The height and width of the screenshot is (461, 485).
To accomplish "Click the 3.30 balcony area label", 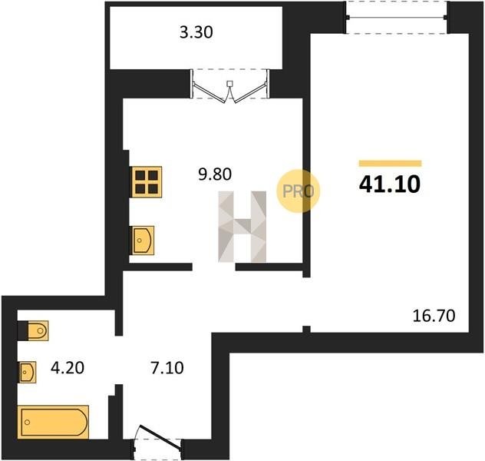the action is (196, 32).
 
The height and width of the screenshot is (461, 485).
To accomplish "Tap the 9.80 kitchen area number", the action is (215, 174).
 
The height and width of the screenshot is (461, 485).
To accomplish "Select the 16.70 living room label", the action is (434, 316).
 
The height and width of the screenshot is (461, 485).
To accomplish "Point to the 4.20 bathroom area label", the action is (68, 368).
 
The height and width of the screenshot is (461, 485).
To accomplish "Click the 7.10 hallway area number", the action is (167, 368).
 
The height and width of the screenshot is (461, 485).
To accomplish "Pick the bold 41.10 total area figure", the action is (390, 184).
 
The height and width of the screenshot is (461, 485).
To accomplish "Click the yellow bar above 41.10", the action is (390, 164).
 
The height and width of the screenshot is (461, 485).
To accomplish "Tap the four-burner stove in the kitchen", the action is (147, 182).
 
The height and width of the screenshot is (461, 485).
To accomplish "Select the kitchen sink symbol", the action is (143, 240).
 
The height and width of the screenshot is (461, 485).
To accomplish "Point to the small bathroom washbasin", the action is (28, 372).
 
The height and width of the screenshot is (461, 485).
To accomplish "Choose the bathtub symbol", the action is (53, 422).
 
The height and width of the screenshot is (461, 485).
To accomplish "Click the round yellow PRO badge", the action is (299, 191).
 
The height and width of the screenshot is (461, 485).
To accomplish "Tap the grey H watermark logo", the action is (242, 227).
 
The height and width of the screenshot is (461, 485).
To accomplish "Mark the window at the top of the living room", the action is (396, 18).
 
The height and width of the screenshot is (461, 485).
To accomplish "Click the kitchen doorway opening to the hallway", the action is (214, 267).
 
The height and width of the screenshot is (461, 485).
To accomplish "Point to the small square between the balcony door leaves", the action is (229, 83).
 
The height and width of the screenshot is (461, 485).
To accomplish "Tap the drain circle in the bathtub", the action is (27, 422).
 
